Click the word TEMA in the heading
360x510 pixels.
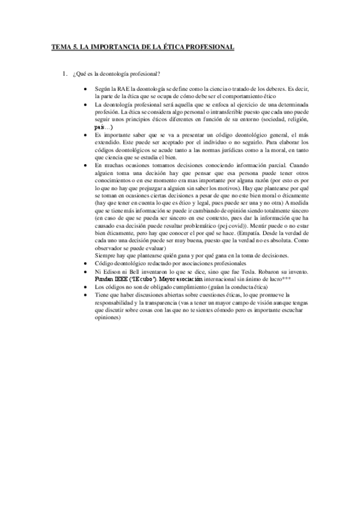(61, 46)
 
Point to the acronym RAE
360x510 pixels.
(123, 88)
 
